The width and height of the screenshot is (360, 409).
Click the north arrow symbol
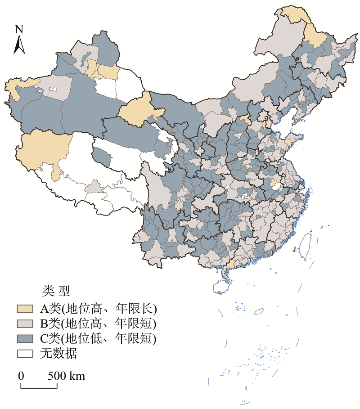pyautogui.click(x=19, y=45)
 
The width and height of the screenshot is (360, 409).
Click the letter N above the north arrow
pyautogui.click(x=19, y=29)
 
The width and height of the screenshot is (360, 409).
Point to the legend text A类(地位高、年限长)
pyautogui.click(x=98, y=309)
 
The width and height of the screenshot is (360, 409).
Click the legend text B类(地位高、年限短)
pyautogui.click(x=98, y=324)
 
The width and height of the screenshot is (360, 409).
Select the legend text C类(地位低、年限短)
pyautogui.click(x=98, y=338)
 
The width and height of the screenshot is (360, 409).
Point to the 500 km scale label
pyautogui.click(x=67, y=376)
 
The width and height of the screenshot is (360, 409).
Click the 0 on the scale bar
pyautogui.click(x=21, y=376)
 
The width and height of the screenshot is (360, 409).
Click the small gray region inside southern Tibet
pyautogui.click(x=94, y=186)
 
